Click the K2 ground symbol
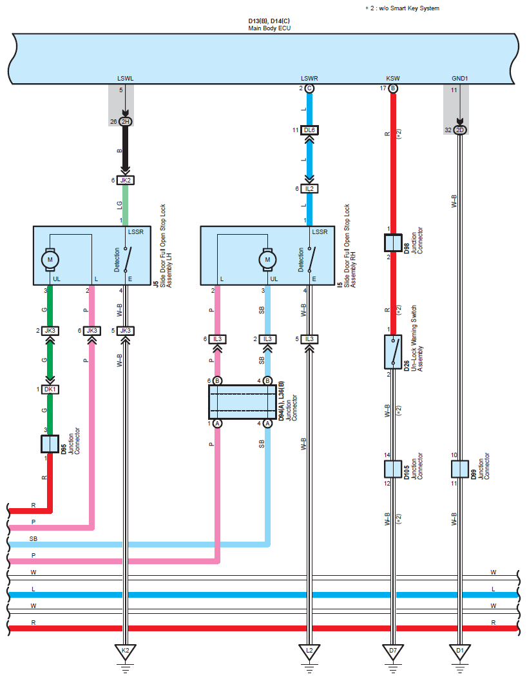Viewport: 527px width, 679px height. (x=126, y=652)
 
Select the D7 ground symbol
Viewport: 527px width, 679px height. (x=393, y=652)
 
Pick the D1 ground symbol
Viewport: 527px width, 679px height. (x=460, y=652)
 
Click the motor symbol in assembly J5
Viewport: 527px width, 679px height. (x=50, y=259)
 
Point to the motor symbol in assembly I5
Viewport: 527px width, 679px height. (x=267, y=259)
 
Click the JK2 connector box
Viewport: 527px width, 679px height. (x=126, y=180)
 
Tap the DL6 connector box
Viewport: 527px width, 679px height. (x=309, y=130)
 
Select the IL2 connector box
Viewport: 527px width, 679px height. (x=309, y=189)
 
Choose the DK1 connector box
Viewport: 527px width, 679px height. (x=50, y=389)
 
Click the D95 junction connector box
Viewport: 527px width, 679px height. (x=50, y=444)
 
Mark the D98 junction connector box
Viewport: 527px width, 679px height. (x=393, y=243)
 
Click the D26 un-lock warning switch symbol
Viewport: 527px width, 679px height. (x=393, y=351)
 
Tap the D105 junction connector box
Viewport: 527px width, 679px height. (x=393, y=469)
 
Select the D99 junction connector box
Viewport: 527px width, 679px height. (x=460, y=469)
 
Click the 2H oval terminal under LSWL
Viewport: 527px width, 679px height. (x=126, y=122)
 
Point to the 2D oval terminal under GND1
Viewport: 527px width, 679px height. (x=460, y=130)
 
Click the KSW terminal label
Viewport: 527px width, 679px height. (x=393, y=79)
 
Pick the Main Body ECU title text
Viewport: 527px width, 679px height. (x=269, y=28)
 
